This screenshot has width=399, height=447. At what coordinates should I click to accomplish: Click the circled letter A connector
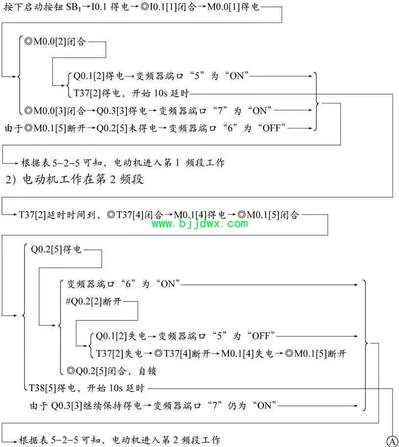[393, 441]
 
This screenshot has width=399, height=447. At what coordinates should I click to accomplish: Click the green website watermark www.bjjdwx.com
[200, 224]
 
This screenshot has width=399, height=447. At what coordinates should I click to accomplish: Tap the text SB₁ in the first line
[73, 7]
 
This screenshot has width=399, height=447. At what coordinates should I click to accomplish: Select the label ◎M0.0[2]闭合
[55, 42]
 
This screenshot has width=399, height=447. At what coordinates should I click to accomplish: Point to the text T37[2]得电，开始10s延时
[131, 93]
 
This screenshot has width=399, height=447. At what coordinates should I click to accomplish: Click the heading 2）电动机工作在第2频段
[74, 179]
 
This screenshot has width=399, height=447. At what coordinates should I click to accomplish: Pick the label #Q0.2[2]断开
[94, 301]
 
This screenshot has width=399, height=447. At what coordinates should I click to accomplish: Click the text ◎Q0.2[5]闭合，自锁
[111, 371]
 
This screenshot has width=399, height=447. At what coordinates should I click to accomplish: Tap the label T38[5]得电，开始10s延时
[87, 388]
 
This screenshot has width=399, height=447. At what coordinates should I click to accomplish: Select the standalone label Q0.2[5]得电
[56, 249]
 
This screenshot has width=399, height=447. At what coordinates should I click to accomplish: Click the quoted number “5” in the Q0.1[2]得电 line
[197, 76]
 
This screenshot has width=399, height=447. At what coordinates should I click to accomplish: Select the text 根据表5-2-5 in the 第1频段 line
[50, 163]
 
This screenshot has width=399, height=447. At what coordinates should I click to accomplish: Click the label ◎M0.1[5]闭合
[268, 215]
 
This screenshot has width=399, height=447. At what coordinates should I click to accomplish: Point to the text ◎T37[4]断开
[182, 353]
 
